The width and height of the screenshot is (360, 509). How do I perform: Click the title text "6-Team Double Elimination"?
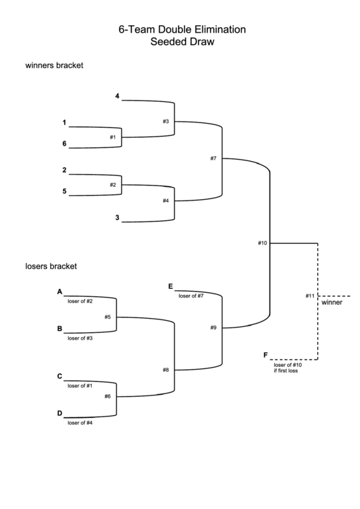(182, 30)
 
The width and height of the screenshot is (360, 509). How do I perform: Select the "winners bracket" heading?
(54, 66)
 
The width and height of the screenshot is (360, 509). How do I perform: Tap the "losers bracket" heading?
(51, 266)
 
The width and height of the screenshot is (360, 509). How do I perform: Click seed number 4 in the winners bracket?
(118, 96)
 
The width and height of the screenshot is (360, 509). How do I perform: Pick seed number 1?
(65, 123)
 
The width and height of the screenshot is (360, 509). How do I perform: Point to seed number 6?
(65, 143)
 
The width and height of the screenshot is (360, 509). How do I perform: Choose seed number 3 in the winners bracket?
(118, 217)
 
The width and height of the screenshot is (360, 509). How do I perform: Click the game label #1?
(113, 137)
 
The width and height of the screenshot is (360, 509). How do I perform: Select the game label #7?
(213, 158)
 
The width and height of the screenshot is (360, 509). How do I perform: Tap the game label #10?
(263, 243)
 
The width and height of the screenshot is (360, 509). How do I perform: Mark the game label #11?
(310, 296)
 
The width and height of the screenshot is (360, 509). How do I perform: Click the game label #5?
(107, 317)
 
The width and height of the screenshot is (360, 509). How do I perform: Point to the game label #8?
(166, 370)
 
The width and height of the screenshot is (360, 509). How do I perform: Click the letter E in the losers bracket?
(170, 287)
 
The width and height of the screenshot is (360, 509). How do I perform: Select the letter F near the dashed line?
(265, 355)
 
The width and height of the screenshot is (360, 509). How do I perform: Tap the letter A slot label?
(60, 292)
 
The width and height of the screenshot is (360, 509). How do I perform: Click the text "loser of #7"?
(191, 296)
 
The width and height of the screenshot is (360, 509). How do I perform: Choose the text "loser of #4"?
(80, 423)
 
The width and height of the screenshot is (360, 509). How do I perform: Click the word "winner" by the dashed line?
(332, 303)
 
